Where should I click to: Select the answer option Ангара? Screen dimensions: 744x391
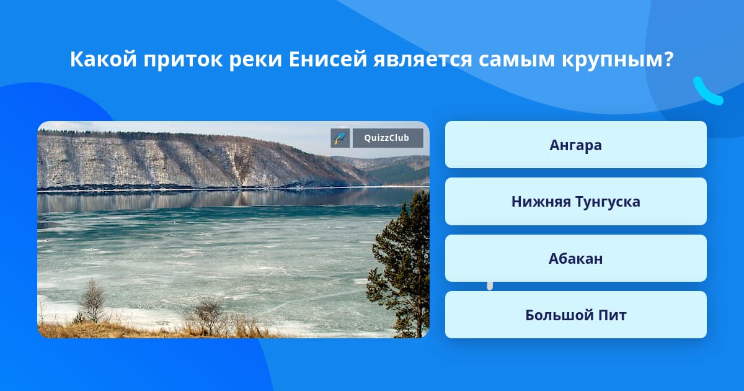tap(575, 145)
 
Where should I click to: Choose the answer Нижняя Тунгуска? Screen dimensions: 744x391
tap(575, 202)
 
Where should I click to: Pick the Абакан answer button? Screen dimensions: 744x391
tap(575, 258)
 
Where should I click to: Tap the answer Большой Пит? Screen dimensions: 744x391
tap(575, 315)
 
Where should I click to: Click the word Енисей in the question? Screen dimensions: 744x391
tap(327, 59)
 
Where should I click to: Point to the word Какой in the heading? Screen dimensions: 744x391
tap(104, 59)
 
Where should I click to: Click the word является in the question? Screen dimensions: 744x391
tap(422, 60)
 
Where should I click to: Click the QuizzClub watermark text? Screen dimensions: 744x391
tap(387, 138)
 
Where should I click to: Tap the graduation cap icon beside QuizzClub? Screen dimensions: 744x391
tap(340, 138)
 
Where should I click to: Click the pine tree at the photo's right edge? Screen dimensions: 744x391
tap(401, 263)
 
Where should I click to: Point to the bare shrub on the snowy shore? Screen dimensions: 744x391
tap(93, 301)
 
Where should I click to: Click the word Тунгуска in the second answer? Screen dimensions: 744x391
tap(608, 202)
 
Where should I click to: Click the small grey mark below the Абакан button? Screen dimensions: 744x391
tap(490, 286)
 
